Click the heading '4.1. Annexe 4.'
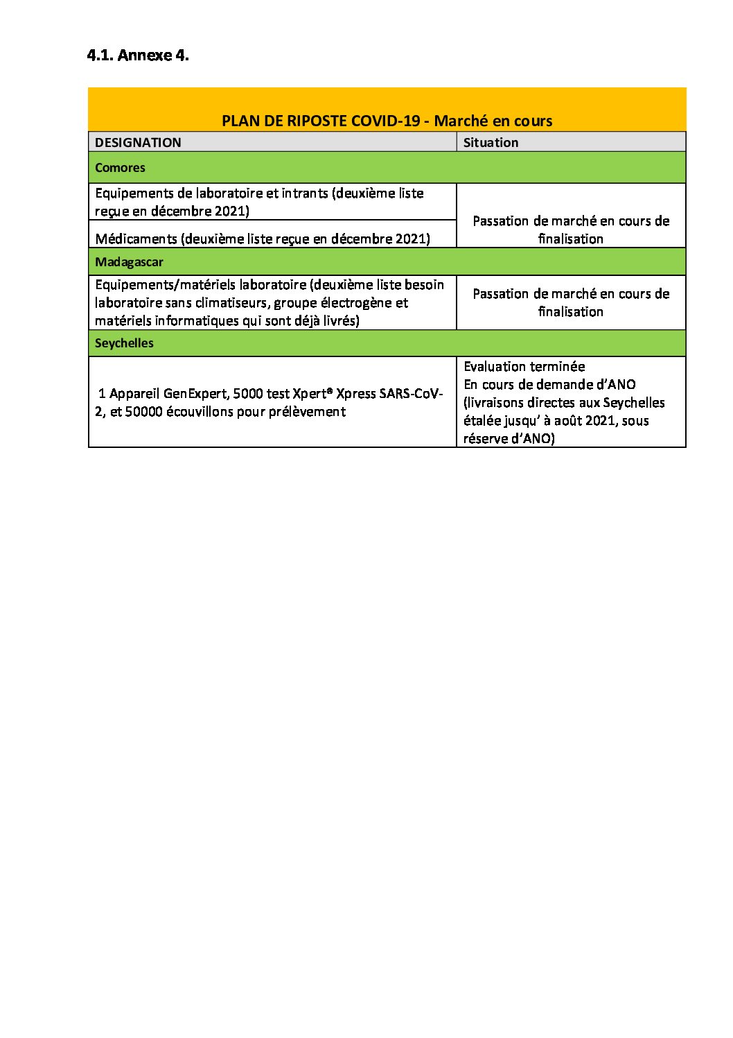(138, 55)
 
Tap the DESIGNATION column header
(138, 142)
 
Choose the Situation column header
(491, 142)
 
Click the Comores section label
(120, 168)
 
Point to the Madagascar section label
(129, 262)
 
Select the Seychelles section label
(124, 343)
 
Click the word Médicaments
(136, 239)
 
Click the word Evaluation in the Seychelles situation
(493, 366)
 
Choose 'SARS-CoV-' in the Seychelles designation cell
(411, 394)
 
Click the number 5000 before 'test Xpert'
(248, 394)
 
